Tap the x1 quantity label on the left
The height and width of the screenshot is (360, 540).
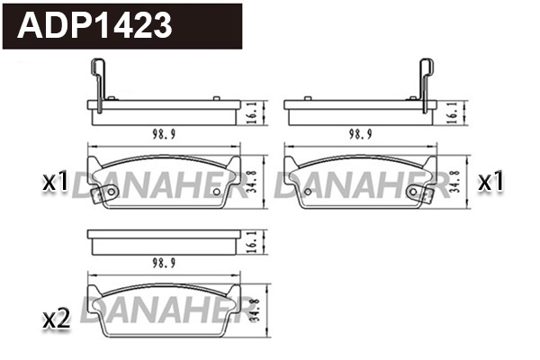coord(56,183)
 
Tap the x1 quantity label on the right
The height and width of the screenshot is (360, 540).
coord(490,182)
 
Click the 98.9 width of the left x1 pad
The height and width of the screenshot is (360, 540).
coord(163,133)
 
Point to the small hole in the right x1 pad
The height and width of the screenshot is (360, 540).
coord(415,191)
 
